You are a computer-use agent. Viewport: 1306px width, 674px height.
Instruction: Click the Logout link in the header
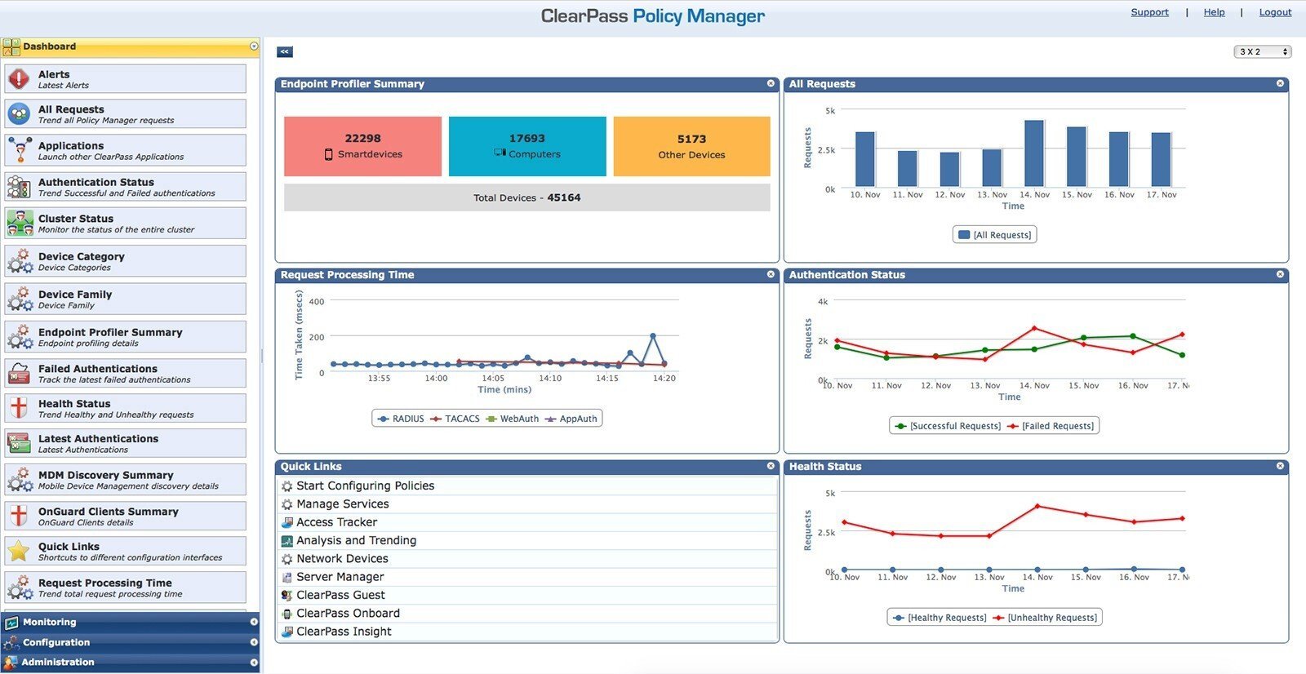tap(1274, 12)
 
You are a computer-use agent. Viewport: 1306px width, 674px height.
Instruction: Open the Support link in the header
tap(1149, 12)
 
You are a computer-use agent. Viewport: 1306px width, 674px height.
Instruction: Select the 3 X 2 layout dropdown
tap(1262, 51)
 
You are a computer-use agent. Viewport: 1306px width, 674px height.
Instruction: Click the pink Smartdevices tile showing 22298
tap(362, 146)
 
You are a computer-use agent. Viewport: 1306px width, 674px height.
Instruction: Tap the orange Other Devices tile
tap(691, 146)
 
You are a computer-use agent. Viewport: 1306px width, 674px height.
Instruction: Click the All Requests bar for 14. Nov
tap(1034, 154)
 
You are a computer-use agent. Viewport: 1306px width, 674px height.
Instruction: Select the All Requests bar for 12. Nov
tap(949, 170)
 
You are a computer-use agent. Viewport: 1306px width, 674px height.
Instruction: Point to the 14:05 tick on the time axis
tap(493, 378)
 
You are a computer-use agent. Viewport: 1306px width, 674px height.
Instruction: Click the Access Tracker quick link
tap(336, 522)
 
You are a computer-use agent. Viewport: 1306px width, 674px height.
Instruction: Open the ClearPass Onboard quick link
tap(348, 614)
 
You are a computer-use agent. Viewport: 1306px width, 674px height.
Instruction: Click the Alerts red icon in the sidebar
tap(19, 79)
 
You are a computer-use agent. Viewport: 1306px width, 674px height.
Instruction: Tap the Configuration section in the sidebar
tap(57, 642)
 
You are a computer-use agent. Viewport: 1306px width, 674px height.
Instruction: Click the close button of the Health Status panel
tap(1280, 466)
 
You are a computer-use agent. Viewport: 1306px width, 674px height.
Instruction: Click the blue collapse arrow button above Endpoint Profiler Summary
tap(284, 51)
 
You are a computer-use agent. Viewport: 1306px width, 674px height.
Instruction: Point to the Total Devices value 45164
tap(564, 197)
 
